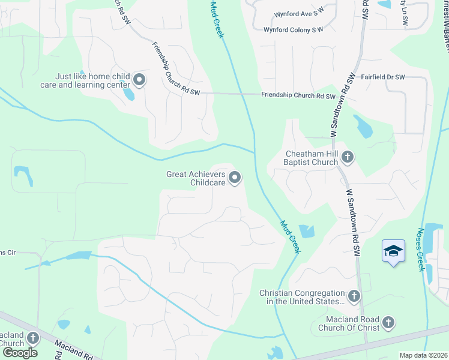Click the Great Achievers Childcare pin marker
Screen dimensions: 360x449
(x=235, y=178)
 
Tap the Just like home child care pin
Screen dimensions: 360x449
(x=139, y=80)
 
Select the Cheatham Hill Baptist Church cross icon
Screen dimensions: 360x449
(x=347, y=158)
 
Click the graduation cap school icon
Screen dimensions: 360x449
(x=393, y=251)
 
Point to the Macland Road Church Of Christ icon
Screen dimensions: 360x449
(x=388, y=323)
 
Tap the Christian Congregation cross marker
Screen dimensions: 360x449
(x=354, y=296)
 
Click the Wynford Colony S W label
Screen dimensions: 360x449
(x=294, y=29)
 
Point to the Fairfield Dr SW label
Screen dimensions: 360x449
(x=383, y=77)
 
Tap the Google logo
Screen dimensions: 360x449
(x=19, y=352)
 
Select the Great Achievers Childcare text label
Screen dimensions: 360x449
(x=196, y=178)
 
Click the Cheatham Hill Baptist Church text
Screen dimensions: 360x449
(x=311, y=158)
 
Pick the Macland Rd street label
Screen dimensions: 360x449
(x=73, y=350)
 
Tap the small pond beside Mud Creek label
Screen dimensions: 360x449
(x=306, y=231)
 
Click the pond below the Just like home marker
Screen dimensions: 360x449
(x=128, y=94)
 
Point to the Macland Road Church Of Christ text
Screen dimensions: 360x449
(x=352, y=323)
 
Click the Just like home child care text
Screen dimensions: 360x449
(x=93, y=81)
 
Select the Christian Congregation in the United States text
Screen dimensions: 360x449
(x=302, y=297)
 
